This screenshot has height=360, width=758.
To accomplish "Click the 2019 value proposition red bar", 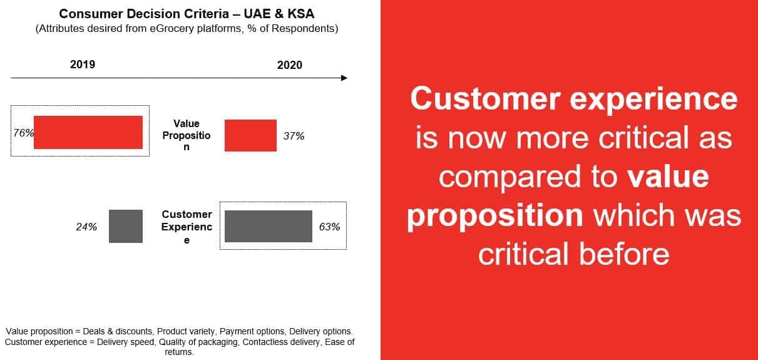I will tap(88, 133).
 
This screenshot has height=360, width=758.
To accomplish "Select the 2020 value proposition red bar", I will tap(250, 135).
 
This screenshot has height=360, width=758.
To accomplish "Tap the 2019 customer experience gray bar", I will tap(126, 226).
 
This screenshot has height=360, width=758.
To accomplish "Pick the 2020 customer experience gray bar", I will tap(269, 226).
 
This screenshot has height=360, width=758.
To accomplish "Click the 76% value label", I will tap(23, 133).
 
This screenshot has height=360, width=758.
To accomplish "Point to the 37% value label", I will tap(294, 135).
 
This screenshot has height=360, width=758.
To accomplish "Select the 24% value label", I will tap(86, 227).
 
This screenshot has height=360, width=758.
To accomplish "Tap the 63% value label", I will tap(329, 227).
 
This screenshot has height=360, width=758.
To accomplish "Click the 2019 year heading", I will tap(83, 64).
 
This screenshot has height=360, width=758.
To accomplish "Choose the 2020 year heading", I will tap(289, 65).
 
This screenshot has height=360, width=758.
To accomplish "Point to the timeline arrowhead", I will tap(344, 78).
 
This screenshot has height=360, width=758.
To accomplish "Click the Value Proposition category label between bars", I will tap(187, 135).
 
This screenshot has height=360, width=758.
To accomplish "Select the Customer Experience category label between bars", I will tap(187, 227).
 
